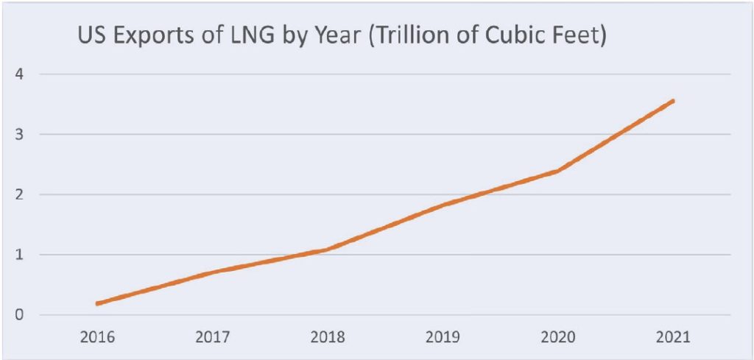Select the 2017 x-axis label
point(213,338)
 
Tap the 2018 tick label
point(328,338)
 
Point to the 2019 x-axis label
point(443,338)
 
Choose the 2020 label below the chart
point(558,338)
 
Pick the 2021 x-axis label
point(673,338)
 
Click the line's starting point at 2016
point(98,303)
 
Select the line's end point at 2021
point(673,101)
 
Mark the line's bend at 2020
point(558,171)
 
